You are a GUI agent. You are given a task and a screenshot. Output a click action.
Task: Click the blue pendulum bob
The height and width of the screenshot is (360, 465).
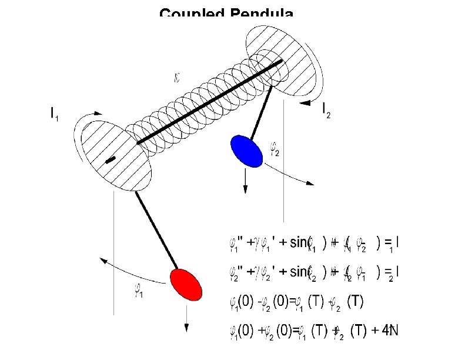coord(246,151)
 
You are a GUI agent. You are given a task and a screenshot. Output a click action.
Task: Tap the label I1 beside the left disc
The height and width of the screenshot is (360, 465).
coord(54,114)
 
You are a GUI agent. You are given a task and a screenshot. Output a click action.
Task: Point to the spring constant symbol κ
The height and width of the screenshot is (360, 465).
coord(178,76)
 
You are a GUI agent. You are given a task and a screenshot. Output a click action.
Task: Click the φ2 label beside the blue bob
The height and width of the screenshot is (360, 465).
coord(273,149)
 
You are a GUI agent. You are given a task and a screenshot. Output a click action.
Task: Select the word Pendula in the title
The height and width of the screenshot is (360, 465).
coord(262,14)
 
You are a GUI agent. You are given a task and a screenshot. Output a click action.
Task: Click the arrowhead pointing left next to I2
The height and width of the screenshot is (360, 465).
coord(305,104)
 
